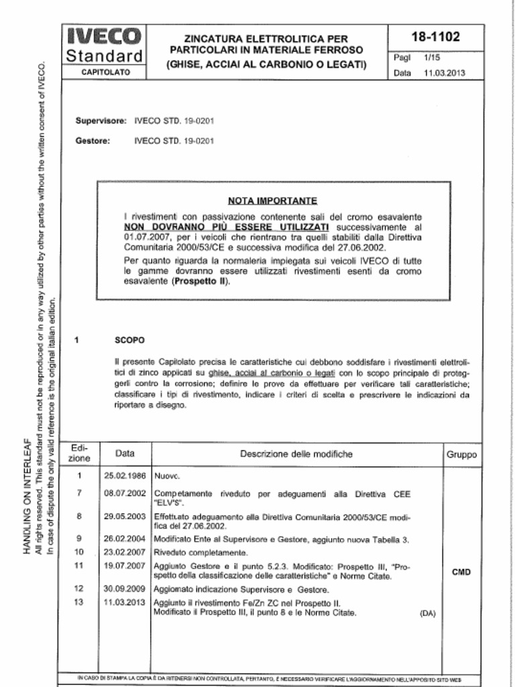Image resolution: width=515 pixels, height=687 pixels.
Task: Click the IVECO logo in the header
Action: coord(104,36)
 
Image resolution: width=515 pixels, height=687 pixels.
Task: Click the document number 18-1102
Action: coord(435,37)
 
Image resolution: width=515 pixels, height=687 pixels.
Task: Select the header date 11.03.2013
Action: coord(444,73)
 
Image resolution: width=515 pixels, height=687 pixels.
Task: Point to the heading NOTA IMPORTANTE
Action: coord(272,201)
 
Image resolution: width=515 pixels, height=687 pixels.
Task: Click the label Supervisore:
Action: coord(101,121)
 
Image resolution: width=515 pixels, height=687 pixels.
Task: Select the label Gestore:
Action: coord(93,141)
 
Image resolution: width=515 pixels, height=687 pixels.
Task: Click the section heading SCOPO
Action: coord(129,340)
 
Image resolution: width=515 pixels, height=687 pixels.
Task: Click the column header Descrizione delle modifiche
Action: coord(296,454)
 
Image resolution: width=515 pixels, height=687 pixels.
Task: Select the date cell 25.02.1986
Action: coord(125,476)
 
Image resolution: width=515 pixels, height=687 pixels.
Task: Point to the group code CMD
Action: coord(461,572)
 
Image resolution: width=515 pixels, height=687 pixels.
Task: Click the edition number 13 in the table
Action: coord(79,602)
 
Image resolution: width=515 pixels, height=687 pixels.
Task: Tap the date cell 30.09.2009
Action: coord(125,590)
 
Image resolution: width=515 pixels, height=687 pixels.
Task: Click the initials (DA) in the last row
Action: coord(427,613)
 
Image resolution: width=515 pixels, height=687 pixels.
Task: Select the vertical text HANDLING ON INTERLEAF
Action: coord(27,496)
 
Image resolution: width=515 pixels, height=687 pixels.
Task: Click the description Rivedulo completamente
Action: coord(201,553)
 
